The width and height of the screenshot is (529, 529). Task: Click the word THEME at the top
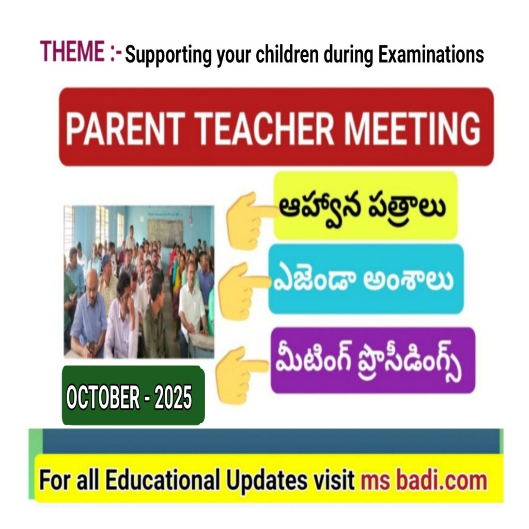pos(72,51)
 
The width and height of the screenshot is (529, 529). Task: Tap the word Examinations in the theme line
pos(431,55)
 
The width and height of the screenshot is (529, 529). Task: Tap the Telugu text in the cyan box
pos(362,280)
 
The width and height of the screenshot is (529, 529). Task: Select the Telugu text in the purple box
pos(368,361)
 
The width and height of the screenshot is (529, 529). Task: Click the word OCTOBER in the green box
pos(103,397)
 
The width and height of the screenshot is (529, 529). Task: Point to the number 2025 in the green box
pos(174,397)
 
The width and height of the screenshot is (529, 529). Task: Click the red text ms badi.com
pos(424,480)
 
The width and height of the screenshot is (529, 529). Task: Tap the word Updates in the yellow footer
pos(267,480)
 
